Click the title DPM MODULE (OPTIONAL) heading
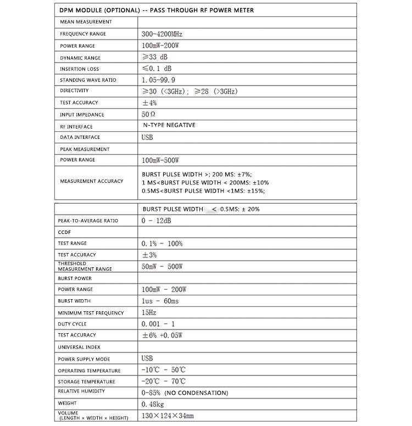pyautogui.click(x=157, y=10)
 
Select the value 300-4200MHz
pyautogui.click(x=162, y=34)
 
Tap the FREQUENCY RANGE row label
pyautogui.click(x=83, y=34)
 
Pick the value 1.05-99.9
pyautogui.click(x=159, y=80)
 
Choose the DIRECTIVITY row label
pyautogui.click(x=74, y=91)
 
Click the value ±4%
pyautogui.click(x=149, y=103)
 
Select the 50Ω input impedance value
pyautogui.click(x=149, y=115)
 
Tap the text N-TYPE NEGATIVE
pyautogui.click(x=169, y=125)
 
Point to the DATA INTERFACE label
pyautogui.click(x=80, y=137)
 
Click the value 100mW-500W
pyautogui.click(x=160, y=160)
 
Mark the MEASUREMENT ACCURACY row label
pyautogui.click(x=92, y=181)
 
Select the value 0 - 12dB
pyautogui.click(x=156, y=221)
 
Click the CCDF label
pyautogui.click(x=64, y=232)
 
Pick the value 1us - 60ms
pyautogui.click(x=160, y=301)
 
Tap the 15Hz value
pyautogui.click(x=149, y=313)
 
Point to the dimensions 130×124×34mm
pyautogui.click(x=168, y=416)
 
